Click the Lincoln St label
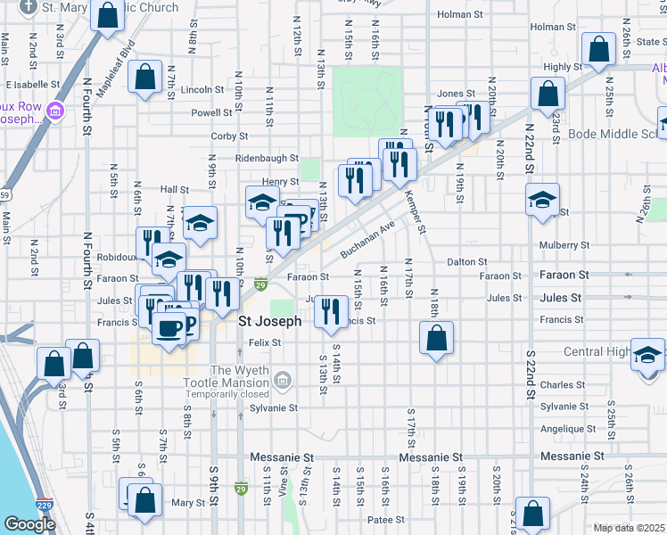pyautogui.click(x=202, y=90)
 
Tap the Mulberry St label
pyautogui.click(x=564, y=245)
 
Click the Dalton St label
pyautogui.click(x=466, y=262)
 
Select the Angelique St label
pyautogui.click(x=562, y=428)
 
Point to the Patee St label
pyautogui.click(x=387, y=519)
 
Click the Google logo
pyautogui.click(x=29, y=524)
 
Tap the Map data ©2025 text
pyautogui.click(x=630, y=528)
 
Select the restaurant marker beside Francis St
pyautogui.click(x=331, y=311)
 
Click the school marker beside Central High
pyautogui.click(x=646, y=355)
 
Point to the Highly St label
pyautogui.click(x=563, y=67)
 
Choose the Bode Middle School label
pyautogui.click(x=615, y=135)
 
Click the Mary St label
pyautogui.click(x=188, y=503)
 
